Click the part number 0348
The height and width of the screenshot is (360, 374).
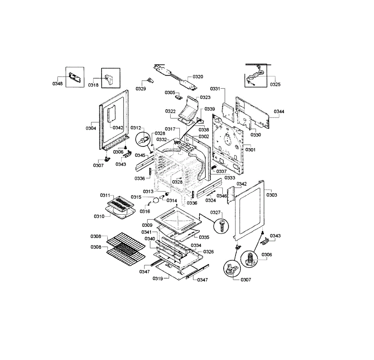(x=57, y=83)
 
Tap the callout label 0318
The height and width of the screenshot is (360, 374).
(x=93, y=85)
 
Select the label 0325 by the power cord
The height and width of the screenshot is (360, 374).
(x=275, y=84)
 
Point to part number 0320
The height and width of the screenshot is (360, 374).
(x=198, y=77)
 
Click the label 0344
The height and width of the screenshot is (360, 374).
(x=279, y=111)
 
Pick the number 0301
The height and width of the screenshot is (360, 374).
(x=250, y=150)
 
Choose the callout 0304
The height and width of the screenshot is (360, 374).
(x=91, y=128)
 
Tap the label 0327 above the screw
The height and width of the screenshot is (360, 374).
(x=215, y=212)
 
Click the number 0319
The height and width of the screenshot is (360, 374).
(x=158, y=278)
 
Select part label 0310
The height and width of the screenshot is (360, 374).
(x=99, y=216)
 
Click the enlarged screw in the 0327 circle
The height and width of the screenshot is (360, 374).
(x=222, y=226)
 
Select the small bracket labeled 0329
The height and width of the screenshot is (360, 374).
(x=151, y=80)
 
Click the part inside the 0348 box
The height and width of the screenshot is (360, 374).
(x=74, y=77)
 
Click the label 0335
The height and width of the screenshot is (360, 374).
(x=204, y=237)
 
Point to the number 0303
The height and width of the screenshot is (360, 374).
(x=271, y=195)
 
